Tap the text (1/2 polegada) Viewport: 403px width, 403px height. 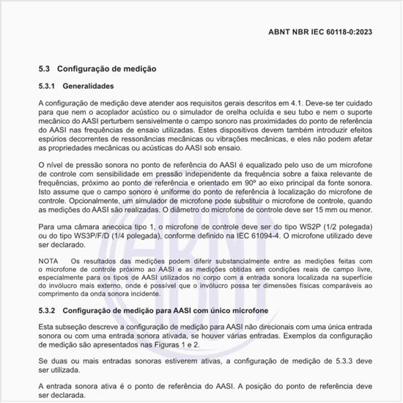(338, 226)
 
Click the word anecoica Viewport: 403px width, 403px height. (104, 226)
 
